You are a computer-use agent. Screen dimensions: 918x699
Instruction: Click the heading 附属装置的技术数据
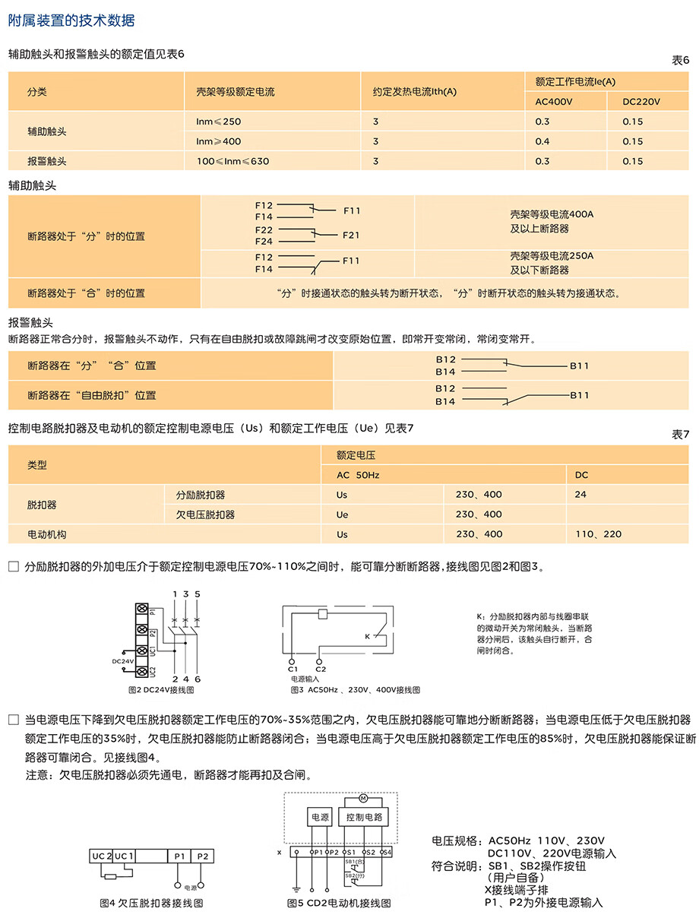tap(71, 21)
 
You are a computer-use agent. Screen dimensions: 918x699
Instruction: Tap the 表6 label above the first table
tap(680, 60)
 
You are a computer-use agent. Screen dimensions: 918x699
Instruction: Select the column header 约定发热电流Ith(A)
tap(414, 92)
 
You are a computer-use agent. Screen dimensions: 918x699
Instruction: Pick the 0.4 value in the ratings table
tap(542, 141)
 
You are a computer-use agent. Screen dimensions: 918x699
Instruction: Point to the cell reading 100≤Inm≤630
tap(232, 161)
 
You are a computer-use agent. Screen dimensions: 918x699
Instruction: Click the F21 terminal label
tap(351, 236)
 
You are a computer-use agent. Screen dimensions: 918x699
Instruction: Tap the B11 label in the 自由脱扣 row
tap(579, 395)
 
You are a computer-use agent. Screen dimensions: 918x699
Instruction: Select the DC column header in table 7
tap(581, 475)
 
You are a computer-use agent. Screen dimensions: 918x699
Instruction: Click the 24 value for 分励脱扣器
tap(580, 495)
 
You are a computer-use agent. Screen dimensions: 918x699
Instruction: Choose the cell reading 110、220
tap(598, 534)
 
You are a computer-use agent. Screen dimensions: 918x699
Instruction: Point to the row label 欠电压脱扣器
tap(205, 514)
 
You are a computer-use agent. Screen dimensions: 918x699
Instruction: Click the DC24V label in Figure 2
tap(122, 661)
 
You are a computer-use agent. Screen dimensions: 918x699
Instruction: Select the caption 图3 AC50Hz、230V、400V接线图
tap(354, 690)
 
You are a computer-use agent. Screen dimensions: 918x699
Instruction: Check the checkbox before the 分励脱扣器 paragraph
tap(13, 567)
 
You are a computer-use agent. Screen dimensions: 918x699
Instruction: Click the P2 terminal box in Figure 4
tap(203, 856)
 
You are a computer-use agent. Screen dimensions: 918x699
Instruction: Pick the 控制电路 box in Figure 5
tap(364, 818)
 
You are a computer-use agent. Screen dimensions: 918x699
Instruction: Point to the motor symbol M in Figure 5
tap(363, 798)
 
